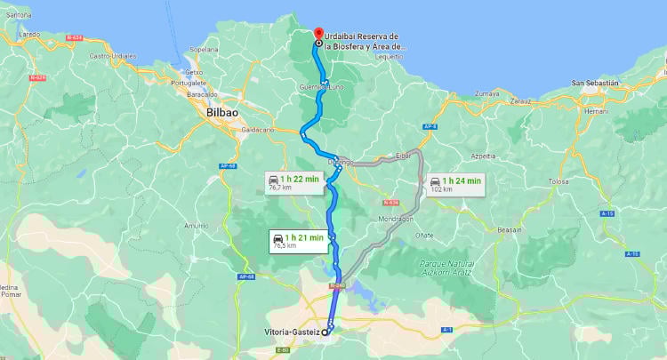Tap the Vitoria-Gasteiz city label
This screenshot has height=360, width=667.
pyautogui.click(x=292, y=332)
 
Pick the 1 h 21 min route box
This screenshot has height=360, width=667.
pyautogui.click(x=298, y=241)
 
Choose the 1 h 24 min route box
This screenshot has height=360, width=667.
pyautogui.click(x=454, y=185)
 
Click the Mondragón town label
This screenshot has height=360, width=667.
pyautogui.click(x=397, y=218)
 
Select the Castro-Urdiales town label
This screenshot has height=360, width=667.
pyautogui.click(x=111, y=55)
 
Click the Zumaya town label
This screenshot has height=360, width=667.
pyautogui.click(x=488, y=92)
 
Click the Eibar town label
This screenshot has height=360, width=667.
pyautogui.click(x=404, y=156)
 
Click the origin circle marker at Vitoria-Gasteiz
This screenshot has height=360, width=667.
pyautogui.click(x=325, y=332)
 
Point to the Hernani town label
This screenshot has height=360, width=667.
pyautogui.click(x=597, y=110)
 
